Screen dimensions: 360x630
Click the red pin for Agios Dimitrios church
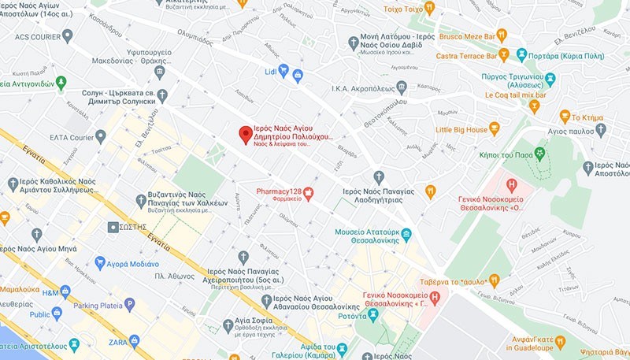[246, 134]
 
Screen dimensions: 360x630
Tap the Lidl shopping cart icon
[298, 76]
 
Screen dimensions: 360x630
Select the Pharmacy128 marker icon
[309, 193]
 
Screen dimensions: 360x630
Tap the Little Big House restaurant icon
[495, 128]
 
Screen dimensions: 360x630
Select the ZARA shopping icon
[134, 341]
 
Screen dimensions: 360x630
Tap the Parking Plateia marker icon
[129, 303]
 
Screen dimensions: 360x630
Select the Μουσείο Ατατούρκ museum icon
[406, 233]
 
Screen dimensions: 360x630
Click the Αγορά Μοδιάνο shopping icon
[100, 262]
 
